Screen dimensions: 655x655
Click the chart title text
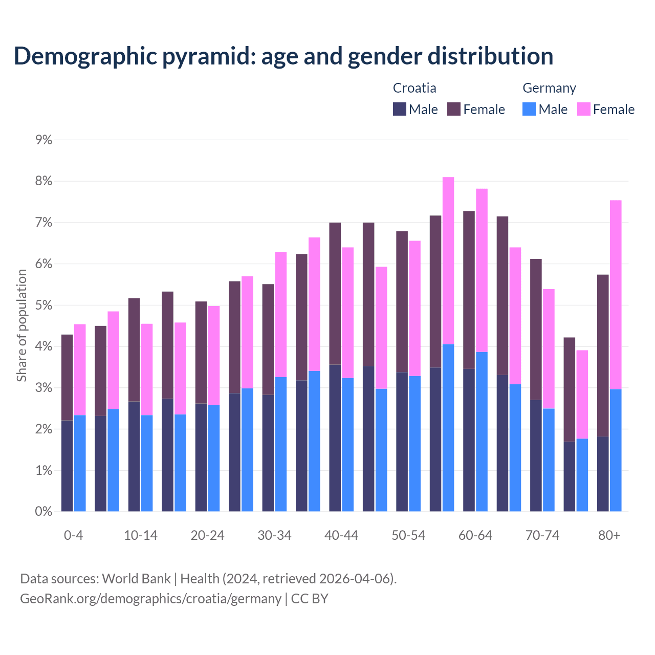[283, 56]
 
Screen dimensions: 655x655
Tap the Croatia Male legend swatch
[400, 109]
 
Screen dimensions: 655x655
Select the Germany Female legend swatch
[584, 109]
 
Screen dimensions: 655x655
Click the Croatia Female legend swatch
[454, 109]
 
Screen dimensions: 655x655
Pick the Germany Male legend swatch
[529, 109]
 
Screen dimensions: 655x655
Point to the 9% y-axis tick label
[44, 140]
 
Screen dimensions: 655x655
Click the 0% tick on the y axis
[44, 511]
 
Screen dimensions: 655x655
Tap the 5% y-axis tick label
[44, 305]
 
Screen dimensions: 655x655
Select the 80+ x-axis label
[609, 535]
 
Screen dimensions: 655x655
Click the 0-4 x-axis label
[73, 535]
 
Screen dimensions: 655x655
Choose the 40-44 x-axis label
[341, 535]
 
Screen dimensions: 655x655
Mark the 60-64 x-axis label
[475, 535]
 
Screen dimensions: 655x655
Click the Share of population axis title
[22, 325]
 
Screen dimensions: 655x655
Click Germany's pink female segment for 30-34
[281, 314]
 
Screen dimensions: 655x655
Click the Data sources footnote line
[209, 579]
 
